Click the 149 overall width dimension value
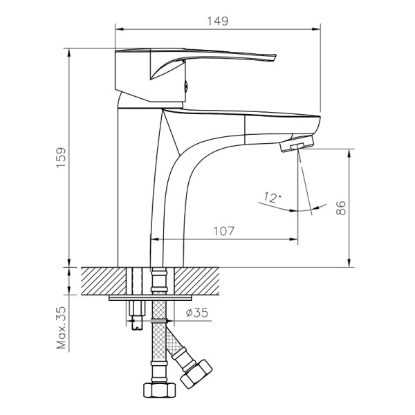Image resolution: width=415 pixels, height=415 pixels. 218,21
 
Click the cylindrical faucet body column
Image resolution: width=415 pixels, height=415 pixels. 135,187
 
